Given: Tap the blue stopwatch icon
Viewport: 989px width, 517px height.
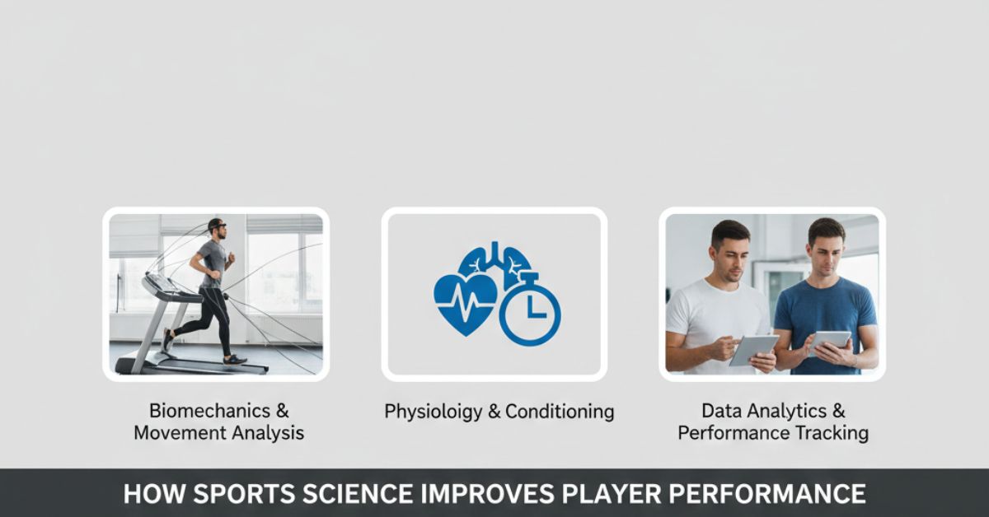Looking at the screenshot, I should [x=529, y=310].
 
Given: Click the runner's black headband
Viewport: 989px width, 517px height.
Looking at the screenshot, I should [x=216, y=223].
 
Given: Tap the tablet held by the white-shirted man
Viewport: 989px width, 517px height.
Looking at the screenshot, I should [x=753, y=349].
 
